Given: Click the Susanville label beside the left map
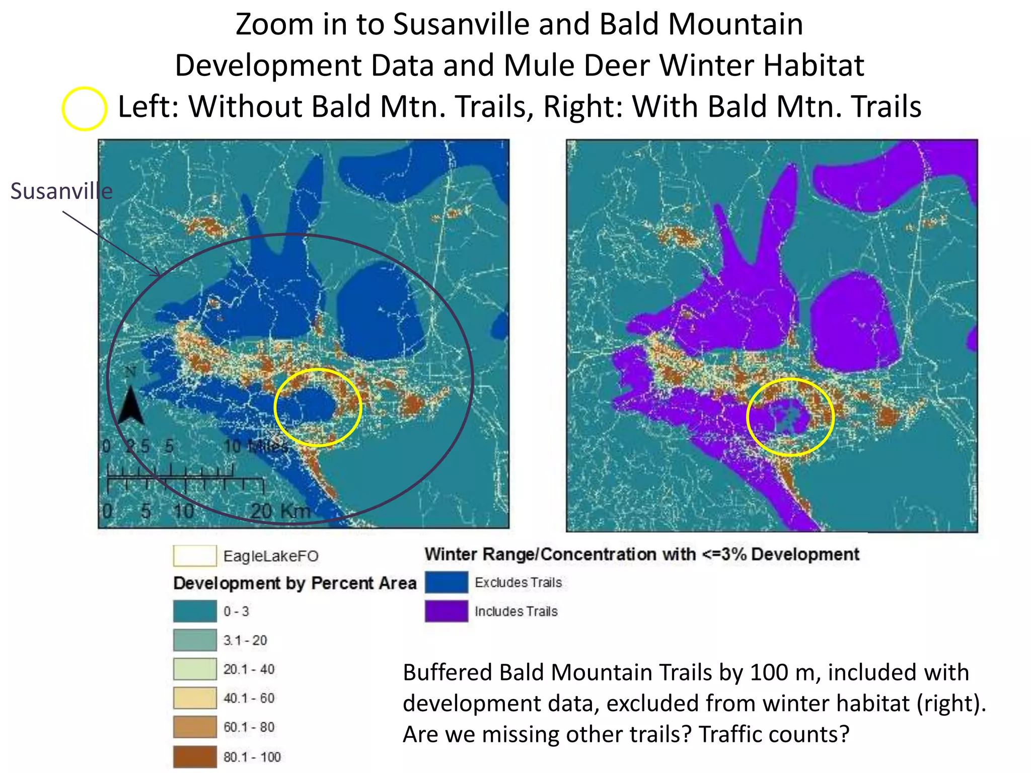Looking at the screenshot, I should click(61, 191).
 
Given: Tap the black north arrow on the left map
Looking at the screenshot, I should click(131, 405).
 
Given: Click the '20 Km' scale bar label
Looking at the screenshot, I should click(280, 511).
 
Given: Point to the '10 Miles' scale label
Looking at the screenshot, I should click(255, 446).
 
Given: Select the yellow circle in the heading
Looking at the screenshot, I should click(84, 108).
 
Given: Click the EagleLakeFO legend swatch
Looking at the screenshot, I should click(195, 556).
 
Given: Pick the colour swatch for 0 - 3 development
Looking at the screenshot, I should click(195, 611).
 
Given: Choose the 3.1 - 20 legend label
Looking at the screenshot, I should click(245, 640).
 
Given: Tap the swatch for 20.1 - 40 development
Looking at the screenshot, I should click(195, 669).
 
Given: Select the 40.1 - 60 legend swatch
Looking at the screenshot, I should click(195, 698).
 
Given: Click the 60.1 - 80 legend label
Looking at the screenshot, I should click(249, 727).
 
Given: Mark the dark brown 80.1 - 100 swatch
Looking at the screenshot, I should click(195, 756).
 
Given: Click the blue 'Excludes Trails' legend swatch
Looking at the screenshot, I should click(446, 582).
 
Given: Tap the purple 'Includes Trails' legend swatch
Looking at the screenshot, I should click(446, 611).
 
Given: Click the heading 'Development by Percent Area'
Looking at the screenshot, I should click(294, 583).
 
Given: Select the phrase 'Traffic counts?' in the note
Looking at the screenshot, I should click(774, 734).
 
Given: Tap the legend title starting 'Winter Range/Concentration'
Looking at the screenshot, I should click(641, 554).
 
